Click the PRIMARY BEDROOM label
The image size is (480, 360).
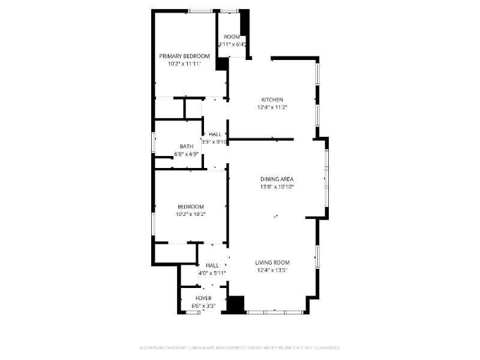tap(184, 56)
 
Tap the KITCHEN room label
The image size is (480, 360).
tap(272, 100)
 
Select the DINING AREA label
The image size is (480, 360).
tap(277, 179)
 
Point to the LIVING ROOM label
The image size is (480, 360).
tap(272, 262)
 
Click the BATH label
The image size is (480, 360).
tap(186, 146)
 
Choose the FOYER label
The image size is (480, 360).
tap(203, 298)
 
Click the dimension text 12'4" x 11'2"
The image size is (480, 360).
tap(272, 107)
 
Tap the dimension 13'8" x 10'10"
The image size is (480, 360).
tap(277, 187)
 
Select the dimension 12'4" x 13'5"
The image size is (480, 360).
tap(272, 270)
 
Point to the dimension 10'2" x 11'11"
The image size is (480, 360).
tap(184, 64)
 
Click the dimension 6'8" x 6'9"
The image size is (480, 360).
tap(186, 154)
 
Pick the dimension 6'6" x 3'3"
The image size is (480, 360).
tap(203, 306)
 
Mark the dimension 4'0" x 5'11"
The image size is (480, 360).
tap(212, 273)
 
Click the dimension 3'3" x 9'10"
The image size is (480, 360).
tap(214, 142)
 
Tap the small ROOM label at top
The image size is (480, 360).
tap(232, 37)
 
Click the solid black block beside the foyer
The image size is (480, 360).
tap(236, 304)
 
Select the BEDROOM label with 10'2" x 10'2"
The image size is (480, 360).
tap(190, 206)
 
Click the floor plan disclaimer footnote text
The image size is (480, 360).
tap(240, 347)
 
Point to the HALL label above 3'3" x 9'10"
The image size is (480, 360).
tap(215, 134)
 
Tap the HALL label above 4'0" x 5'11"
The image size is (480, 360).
tap(212, 265)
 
